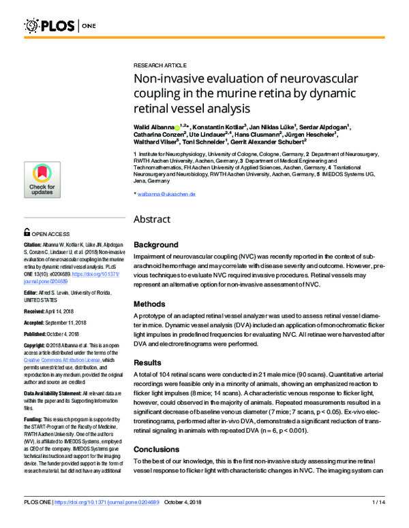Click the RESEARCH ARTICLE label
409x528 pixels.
(160, 64)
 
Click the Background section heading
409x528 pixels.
(156, 244)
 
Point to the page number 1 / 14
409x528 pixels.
(380, 521)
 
